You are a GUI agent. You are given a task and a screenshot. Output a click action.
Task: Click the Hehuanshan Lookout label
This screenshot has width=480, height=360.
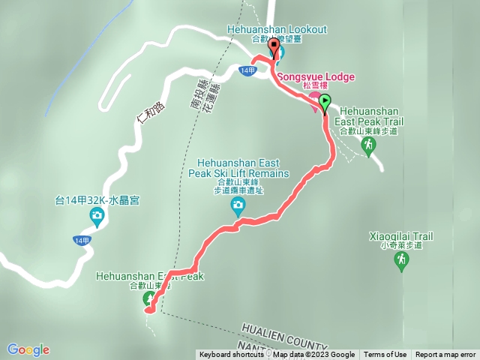[277, 29]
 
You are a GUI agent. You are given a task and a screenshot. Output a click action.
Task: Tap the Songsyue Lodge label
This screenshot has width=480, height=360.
[316, 77]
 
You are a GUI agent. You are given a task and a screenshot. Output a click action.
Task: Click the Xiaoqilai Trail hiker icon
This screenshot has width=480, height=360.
[401, 260]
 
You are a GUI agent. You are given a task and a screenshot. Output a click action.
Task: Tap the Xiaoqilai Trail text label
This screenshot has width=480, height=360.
[401, 237]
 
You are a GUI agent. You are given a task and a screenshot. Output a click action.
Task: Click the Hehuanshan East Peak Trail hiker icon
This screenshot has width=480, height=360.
[367, 145]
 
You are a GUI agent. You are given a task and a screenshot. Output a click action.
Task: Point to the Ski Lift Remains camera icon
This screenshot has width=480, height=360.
[238, 205]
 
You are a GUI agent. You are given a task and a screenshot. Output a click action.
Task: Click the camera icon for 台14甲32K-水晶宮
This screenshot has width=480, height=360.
[97, 217]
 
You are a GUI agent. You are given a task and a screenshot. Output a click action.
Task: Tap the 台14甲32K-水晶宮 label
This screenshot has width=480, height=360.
[98, 200]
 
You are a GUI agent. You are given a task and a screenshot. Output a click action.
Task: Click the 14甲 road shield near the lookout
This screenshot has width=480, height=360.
[249, 70]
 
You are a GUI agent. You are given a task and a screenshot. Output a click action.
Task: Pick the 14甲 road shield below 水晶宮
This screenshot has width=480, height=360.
[82, 240]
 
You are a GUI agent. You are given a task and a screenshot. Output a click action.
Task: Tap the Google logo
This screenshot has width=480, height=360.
[28, 349]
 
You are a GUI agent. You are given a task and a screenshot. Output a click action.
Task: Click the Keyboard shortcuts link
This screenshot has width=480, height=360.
[231, 355]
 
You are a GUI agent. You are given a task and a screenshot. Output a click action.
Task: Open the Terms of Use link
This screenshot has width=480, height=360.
[385, 355]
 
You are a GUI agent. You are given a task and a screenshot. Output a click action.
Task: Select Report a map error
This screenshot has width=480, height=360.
[445, 355]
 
